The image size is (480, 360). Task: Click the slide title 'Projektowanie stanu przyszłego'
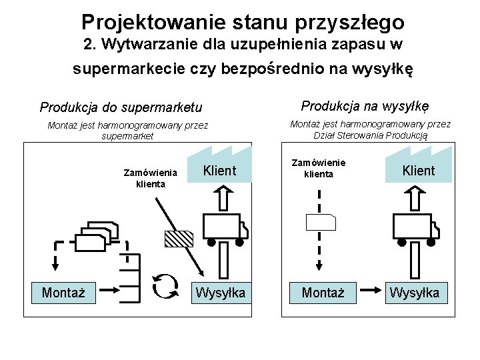(243, 23)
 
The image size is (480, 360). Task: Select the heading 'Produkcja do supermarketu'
(121, 107)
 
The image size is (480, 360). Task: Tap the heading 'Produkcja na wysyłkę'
(365, 106)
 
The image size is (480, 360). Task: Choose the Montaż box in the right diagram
(323, 292)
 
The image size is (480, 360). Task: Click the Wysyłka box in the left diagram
(221, 292)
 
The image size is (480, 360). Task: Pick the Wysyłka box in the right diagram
(415, 292)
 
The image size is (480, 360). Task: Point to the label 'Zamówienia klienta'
(151, 178)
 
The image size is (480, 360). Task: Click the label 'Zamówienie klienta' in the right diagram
(319, 168)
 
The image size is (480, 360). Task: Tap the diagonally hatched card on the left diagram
(179, 239)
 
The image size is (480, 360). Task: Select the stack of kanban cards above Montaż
(97, 234)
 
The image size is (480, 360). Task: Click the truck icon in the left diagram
(223, 228)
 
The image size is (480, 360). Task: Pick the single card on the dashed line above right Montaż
(321, 225)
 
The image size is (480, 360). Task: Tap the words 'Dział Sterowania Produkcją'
(371, 135)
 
